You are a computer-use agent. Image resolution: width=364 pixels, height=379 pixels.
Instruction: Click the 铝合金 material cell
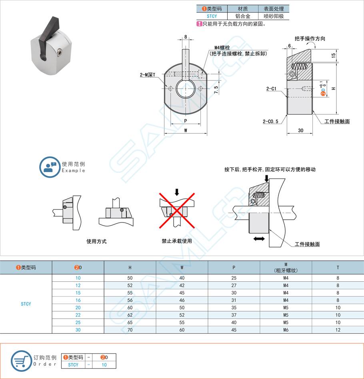click(242, 16)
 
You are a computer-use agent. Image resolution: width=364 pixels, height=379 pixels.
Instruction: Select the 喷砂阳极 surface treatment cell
click(274, 16)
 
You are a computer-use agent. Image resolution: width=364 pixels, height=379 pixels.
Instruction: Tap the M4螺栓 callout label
click(222, 47)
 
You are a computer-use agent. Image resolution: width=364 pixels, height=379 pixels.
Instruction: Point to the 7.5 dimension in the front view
click(216, 90)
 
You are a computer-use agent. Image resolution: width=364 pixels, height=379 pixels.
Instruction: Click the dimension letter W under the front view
click(186, 131)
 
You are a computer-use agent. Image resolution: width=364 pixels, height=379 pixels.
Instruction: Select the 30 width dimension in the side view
click(300, 130)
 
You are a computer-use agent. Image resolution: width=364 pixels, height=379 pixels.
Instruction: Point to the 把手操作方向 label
click(309, 39)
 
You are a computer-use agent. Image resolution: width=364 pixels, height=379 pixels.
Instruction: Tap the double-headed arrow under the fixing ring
click(259, 239)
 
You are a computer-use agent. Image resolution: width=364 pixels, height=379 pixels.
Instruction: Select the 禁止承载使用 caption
click(177, 241)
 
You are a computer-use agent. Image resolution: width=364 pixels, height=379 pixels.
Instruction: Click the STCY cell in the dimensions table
click(26, 304)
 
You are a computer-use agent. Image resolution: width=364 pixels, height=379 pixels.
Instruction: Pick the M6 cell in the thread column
click(286, 330)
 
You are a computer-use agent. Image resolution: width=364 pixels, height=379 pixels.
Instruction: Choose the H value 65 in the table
click(130, 323)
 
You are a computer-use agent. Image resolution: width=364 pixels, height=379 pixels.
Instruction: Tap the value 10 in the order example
click(104, 365)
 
